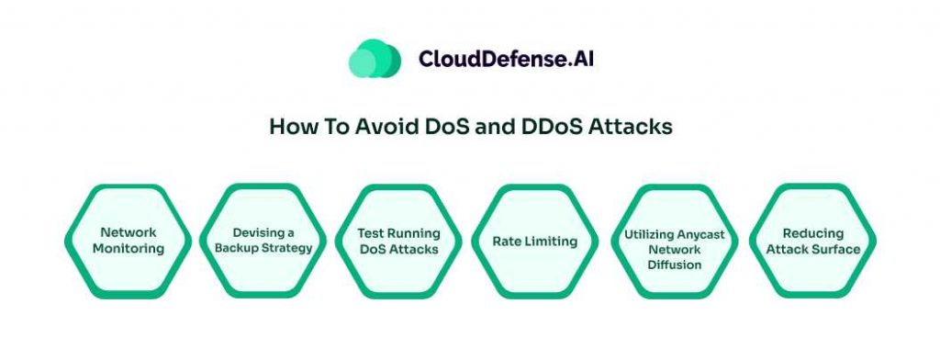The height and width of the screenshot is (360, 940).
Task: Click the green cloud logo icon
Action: point(375,58)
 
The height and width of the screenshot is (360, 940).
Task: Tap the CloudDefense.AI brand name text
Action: point(507,58)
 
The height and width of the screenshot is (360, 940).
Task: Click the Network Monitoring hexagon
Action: point(129,241)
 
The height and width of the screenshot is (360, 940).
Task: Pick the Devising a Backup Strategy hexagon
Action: point(263,241)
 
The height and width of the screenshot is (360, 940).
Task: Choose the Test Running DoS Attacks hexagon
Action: point(398,241)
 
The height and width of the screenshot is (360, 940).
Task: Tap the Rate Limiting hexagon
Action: point(535,241)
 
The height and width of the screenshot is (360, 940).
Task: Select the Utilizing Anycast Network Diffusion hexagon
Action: point(675,241)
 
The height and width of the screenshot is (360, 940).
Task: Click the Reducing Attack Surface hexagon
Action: point(813,241)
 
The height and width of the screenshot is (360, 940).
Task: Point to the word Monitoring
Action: point(129,248)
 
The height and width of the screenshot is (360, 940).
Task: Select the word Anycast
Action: point(700,234)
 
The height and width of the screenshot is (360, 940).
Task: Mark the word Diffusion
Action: point(675,264)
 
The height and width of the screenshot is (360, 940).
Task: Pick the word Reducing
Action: point(813,233)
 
